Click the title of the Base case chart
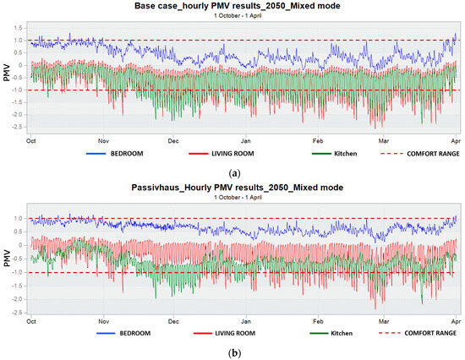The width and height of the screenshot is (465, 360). pyautogui.click(x=238, y=6)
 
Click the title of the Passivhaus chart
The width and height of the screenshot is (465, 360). pyautogui.click(x=238, y=188)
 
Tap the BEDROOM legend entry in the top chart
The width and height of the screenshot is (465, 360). pyautogui.click(x=115, y=154)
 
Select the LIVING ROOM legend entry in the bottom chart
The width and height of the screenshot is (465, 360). pyautogui.click(x=224, y=333)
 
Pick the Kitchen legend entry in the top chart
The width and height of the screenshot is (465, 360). pyautogui.click(x=334, y=154)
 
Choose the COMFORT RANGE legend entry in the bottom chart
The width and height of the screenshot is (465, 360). pyautogui.click(x=418, y=333)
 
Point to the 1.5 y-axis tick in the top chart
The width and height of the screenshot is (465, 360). pyautogui.click(x=18, y=28)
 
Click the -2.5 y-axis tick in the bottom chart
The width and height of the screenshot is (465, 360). pyautogui.click(x=17, y=313)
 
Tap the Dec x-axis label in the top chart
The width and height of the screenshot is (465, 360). pyautogui.click(x=173, y=141)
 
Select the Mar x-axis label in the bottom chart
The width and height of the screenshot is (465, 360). pyautogui.click(x=384, y=321)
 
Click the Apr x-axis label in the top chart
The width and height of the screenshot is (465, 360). pyautogui.click(x=456, y=141)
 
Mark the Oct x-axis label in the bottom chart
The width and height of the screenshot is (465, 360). pyautogui.click(x=31, y=321)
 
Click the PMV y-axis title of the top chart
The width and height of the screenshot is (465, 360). pyautogui.click(x=7, y=73)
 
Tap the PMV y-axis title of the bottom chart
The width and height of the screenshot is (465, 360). pyautogui.click(x=7, y=259)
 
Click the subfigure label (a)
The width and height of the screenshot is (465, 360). pyautogui.click(x=235, y=173)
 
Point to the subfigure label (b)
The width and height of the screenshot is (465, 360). pyautogui.click(x=235, y=353)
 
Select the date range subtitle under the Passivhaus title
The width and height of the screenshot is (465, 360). pyautogui.click(x=238, y=197)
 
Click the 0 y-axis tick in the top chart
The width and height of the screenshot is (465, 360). pyautogui.click(x=20, y=65)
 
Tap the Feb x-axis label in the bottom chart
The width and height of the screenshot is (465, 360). pyautogui.click(x=318, y=321)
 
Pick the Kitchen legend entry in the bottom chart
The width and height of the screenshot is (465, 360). pyautogui.click(x=331, y=333)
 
